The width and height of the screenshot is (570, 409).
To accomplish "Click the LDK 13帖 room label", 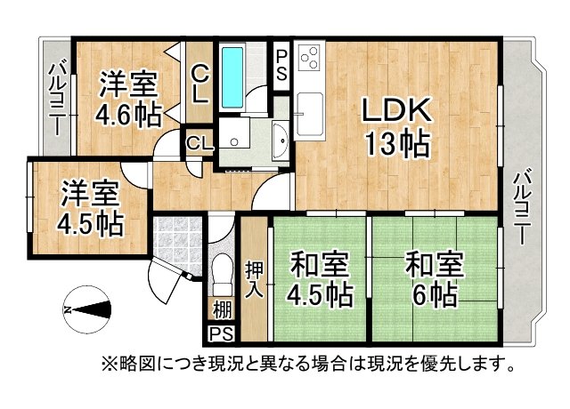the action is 397,127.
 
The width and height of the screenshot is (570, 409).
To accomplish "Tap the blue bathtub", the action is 232,77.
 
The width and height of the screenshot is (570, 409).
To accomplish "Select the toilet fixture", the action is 222,274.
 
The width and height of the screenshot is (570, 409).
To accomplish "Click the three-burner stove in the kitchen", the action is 310,57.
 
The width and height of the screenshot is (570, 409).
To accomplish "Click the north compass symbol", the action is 87,309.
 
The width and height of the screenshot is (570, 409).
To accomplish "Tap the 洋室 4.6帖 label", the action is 128,99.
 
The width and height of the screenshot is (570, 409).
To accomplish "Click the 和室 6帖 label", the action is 435,278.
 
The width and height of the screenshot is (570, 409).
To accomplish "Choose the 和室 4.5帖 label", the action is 319,278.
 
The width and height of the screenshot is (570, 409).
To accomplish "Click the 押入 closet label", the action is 254,279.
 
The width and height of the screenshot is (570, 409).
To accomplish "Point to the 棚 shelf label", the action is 222,310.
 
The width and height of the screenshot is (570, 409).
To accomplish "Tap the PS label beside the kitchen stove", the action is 281,65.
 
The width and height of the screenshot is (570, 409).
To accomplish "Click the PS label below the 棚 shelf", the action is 222,334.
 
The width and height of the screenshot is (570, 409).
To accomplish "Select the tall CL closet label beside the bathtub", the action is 199,84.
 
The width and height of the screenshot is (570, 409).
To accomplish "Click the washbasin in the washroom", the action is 280,140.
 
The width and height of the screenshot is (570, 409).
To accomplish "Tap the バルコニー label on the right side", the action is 524,208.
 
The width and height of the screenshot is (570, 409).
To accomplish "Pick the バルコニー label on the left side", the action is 57,99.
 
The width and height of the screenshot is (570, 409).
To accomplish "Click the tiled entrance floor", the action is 177,245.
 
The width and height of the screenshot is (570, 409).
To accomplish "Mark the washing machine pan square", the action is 234,133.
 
